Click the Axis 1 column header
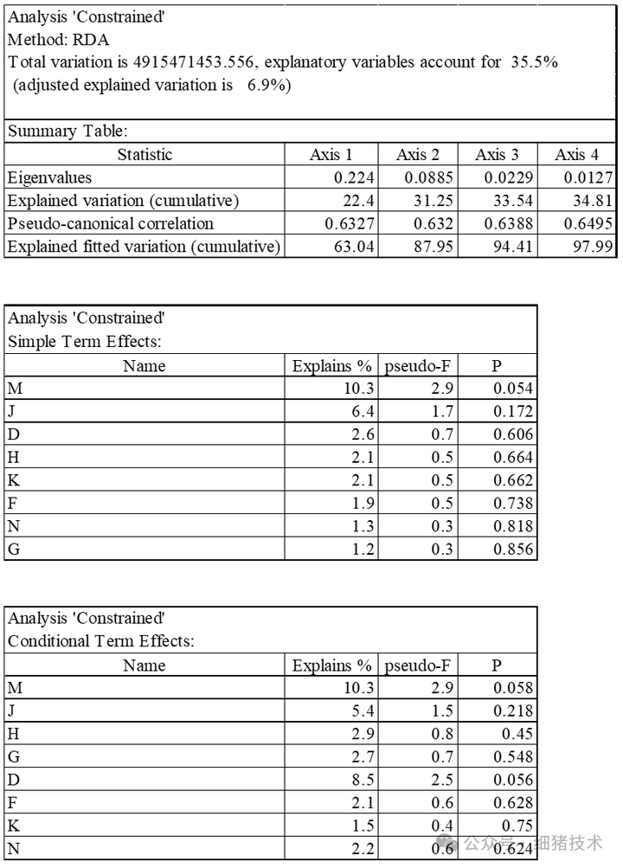click(331, 155)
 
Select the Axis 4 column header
click(575, 155)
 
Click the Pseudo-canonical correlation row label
click(110, 223)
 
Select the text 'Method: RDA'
click(59, 40)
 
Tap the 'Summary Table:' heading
click(67, 132)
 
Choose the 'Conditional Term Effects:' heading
click(101, 641)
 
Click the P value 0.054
click(514, 389)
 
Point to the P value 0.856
click(514, 549)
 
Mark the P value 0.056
click(514, 780)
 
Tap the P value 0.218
click(514, 710)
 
